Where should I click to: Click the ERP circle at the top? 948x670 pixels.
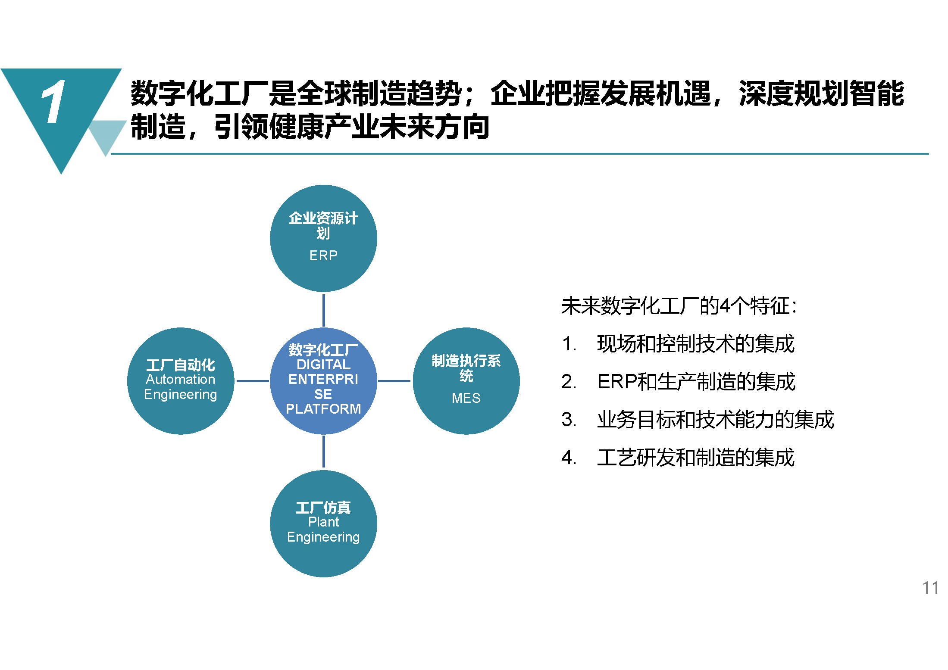[x=323, y=238]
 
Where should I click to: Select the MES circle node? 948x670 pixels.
[x=466, y=381]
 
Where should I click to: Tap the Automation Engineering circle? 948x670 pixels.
[x=181, y=381]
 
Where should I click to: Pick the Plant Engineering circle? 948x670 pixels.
[x=323, y=524]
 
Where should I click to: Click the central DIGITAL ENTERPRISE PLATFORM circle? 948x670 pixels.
[x=323, y=381]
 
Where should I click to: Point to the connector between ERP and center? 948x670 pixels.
[x=324, y=310]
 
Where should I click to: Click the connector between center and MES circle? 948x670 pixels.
[x=394, y=381]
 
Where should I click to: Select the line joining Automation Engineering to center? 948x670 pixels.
[x=253, y=381]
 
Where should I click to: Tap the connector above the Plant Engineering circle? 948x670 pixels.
[x=324, y=452]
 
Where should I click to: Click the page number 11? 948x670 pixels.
[x=930, y=588]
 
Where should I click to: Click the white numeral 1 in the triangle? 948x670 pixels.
[x=54, y=102]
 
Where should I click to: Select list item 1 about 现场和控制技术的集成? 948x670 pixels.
[x=678, y=344]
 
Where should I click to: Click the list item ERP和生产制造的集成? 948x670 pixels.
[x=678, y=382]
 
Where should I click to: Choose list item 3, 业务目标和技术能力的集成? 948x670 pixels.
[x=698, y=420]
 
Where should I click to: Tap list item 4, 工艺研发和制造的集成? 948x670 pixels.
[x=678, y=457]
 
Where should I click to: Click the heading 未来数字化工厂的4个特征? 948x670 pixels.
[x=679, y=306]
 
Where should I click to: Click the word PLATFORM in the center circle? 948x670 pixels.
[x=323, y=408]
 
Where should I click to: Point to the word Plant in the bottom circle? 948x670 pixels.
[x=323, y=522]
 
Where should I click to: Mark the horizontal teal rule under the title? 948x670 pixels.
[x=520, y=153]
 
